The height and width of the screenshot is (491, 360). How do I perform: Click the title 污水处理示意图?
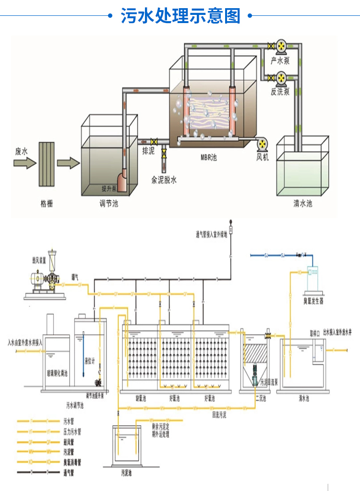tap(180, 16)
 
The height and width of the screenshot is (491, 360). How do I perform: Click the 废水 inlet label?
tap(22, 151)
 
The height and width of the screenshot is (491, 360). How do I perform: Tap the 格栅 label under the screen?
tap(47, 204)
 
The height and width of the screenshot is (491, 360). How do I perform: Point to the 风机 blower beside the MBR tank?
tap(263, 145)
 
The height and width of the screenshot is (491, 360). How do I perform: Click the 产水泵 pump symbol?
tap(280, 47)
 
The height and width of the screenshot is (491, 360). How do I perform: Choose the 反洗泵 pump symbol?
tap(280, 77)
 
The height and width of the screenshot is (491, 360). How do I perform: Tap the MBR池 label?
tap(208, 157)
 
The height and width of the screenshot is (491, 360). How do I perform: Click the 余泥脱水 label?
tap(164, 180)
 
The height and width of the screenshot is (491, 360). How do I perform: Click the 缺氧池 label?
tap(141, 398)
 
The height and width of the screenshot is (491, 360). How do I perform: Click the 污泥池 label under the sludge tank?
tap(127, 472)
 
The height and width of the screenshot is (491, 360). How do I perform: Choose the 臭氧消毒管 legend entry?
tap(72, 462)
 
